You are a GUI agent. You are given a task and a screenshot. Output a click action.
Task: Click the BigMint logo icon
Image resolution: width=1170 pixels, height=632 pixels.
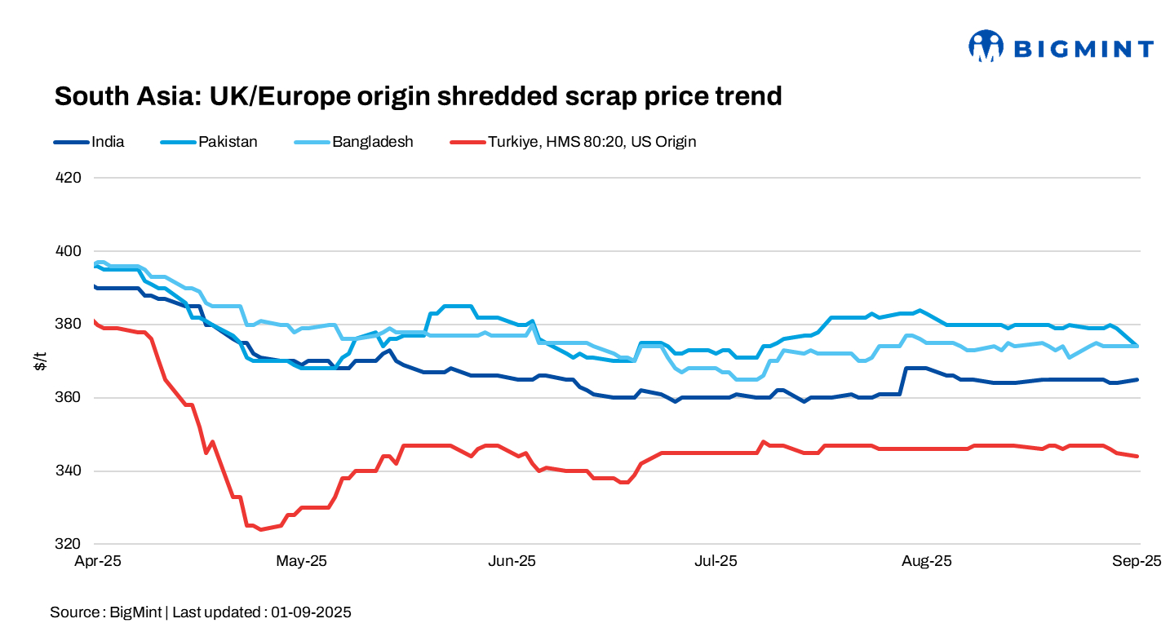tap(985, 46)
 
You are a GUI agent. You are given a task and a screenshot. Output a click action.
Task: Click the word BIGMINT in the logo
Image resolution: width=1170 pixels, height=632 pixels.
tap(1083, 49)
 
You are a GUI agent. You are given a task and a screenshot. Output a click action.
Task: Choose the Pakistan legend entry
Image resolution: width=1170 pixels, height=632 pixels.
tap(228, 142)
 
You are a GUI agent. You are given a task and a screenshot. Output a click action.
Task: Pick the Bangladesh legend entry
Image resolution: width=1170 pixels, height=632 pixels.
tap(372, 142)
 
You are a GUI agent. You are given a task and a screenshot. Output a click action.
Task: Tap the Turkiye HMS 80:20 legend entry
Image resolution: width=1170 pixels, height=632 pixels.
tap(592, 142)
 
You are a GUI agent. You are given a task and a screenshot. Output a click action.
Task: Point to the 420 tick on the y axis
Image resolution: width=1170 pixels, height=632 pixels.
tap(70, 177)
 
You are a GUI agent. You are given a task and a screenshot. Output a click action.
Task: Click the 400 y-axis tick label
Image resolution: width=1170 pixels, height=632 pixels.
tap(70, 250)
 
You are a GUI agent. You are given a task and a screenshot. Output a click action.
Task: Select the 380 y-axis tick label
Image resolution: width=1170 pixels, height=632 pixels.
tap(70, 324)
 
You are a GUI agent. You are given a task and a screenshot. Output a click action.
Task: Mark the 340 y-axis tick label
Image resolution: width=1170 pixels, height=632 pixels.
tap(70, 471)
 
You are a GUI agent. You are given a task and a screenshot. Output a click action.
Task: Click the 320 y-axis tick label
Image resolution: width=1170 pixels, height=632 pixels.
tap(70, 544)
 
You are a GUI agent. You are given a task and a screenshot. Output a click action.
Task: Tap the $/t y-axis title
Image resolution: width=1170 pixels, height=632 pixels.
tap(39, 360)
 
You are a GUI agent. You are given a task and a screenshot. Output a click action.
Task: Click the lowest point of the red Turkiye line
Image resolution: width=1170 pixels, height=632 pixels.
tap(260, 529)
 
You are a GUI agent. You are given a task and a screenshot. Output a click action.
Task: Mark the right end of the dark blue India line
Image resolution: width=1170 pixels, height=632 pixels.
tap(1137, 379)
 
